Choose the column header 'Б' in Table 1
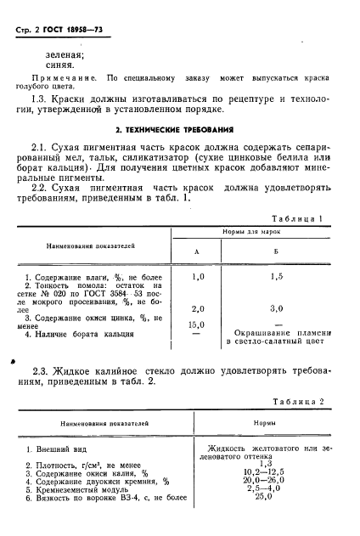tap(275, 251)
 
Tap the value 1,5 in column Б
tap(275, 277)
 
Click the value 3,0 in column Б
tap(275, 307)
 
